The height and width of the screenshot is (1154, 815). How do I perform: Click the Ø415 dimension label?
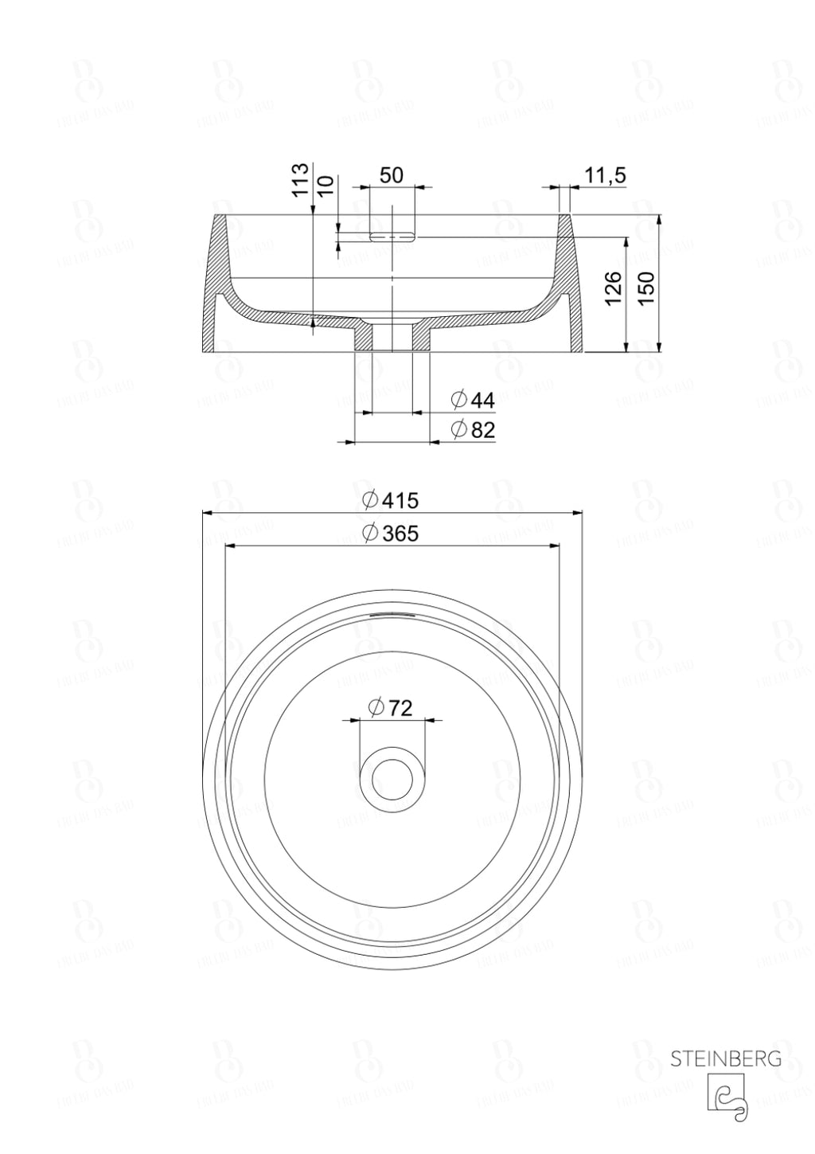tap(390, 500)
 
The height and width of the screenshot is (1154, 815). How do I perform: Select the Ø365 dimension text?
tap(390, 533)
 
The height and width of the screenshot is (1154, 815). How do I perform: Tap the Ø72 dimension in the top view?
tap(390, 706)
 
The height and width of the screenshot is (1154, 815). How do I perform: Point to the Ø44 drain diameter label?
tap(473, 400)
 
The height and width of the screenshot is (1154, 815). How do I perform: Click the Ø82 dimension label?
tap(473, 430)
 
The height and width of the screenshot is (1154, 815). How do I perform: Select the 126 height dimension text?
tap(614, 288)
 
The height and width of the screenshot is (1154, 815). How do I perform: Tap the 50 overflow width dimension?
tap(392, 175)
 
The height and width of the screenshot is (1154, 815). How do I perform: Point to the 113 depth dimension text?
tap(300, 181)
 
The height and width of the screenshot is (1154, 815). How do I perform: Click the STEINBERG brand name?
tap(725, 1059)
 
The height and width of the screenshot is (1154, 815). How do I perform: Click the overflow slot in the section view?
tap(392, 237)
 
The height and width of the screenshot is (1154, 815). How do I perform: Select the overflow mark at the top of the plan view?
tap(392, 614)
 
